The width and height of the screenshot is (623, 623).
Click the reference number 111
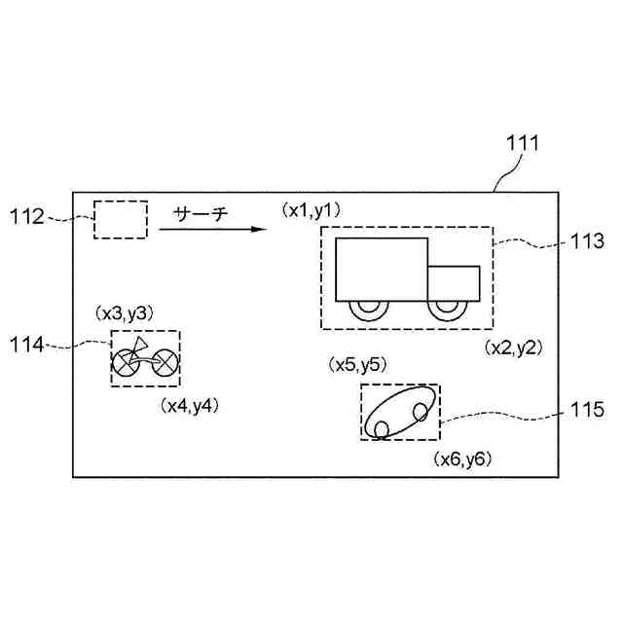[523, 143]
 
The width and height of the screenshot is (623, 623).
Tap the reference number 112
[27, 217]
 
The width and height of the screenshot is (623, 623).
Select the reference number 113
[587, 240]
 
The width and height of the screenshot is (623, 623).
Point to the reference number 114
[26, 345]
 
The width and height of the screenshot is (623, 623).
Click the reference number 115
[587, 409]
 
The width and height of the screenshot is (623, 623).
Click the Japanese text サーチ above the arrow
[201, 214]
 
